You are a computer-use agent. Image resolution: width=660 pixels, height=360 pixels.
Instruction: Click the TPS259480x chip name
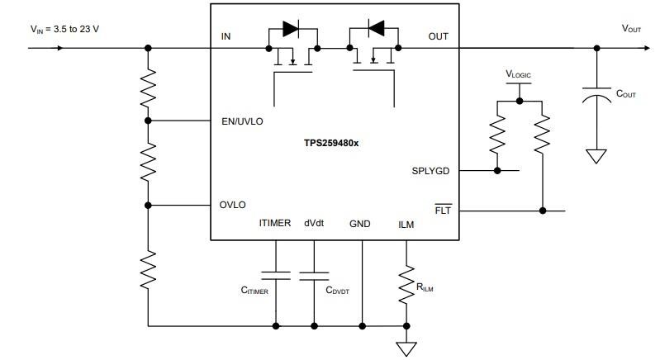(336, 142)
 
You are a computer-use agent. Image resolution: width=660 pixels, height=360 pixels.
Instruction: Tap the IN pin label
(226, 36)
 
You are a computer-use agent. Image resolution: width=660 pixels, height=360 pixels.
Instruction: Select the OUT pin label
(438, 36)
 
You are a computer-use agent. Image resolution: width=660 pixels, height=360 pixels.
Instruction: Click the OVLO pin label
(232, 205)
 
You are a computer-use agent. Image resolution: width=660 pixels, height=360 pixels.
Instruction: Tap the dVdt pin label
(315, 224)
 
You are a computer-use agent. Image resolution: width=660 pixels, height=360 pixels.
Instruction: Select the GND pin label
(360, 224)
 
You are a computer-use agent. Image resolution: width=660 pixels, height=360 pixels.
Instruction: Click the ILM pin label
(406, 224)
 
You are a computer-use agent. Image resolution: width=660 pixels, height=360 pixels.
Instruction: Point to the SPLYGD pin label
(430, 171)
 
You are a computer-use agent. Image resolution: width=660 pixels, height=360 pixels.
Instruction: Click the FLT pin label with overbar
(441, 211)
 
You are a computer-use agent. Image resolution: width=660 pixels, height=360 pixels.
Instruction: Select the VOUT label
(632, 28)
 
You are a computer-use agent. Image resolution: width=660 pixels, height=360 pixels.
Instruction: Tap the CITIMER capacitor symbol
(275, 276)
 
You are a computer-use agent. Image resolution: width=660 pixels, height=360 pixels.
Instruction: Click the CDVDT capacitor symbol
(315, 276)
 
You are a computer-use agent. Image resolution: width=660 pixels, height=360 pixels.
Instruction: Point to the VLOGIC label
(519, 74)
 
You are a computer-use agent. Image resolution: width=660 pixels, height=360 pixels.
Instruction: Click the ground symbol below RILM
(406, 348)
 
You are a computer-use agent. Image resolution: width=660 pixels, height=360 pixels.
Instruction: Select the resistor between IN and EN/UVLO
(149, 84)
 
